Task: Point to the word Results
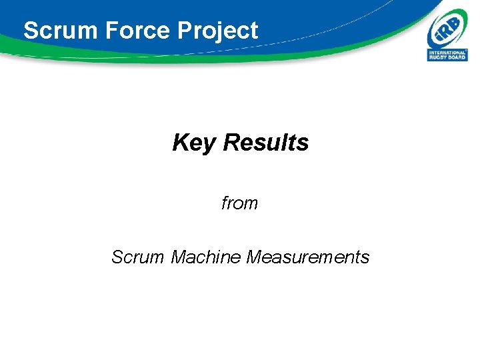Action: pyautogui.click(x=266, y=142)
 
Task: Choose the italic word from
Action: pyautogui.click(x=239, y=203)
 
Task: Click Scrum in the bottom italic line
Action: pyautogui.click(x=138, y=257)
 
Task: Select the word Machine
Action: pyautogui.click(x=206, y=257)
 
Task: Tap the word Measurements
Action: pyautogui.click(x=307, y=257)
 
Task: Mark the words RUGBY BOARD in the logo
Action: pyautogui.click(x=447, y=57)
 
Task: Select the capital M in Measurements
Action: pyautogui.click(x=254, y=257)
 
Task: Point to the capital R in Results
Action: pyautogui.click(x=231, y=142)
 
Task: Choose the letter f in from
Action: pyautogui.click(x=225, y=203)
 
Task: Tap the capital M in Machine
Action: pyautogui.click(x=179, y=257)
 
